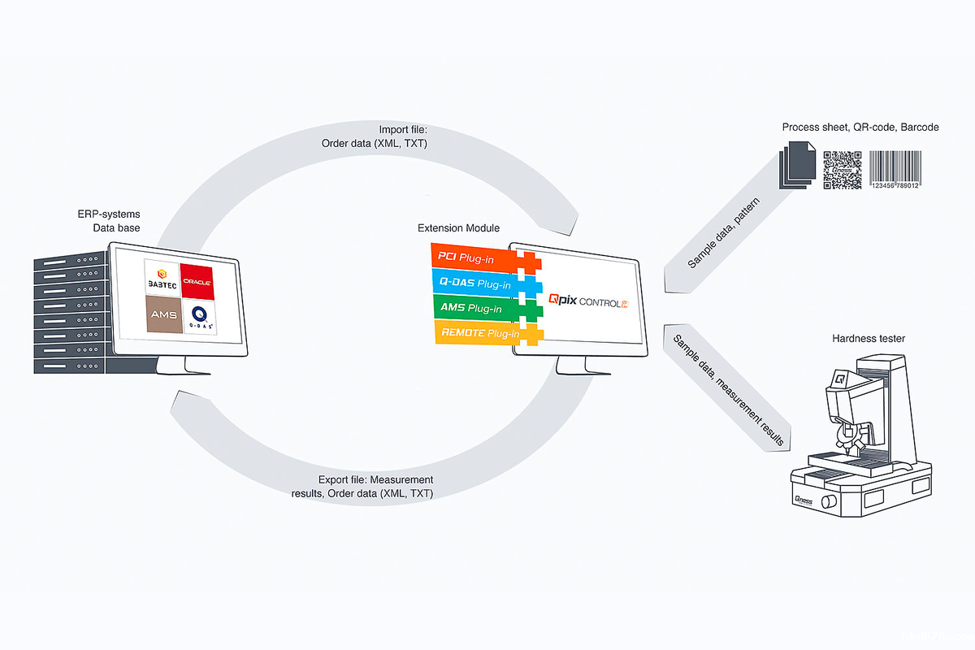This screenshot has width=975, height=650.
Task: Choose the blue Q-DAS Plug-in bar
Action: [x=475, y=284]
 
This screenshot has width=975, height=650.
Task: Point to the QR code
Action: [x=843, y=169]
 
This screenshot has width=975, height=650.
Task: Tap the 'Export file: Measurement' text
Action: [x=375, y=479]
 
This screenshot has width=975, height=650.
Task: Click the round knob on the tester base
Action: [x=828, y=501]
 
